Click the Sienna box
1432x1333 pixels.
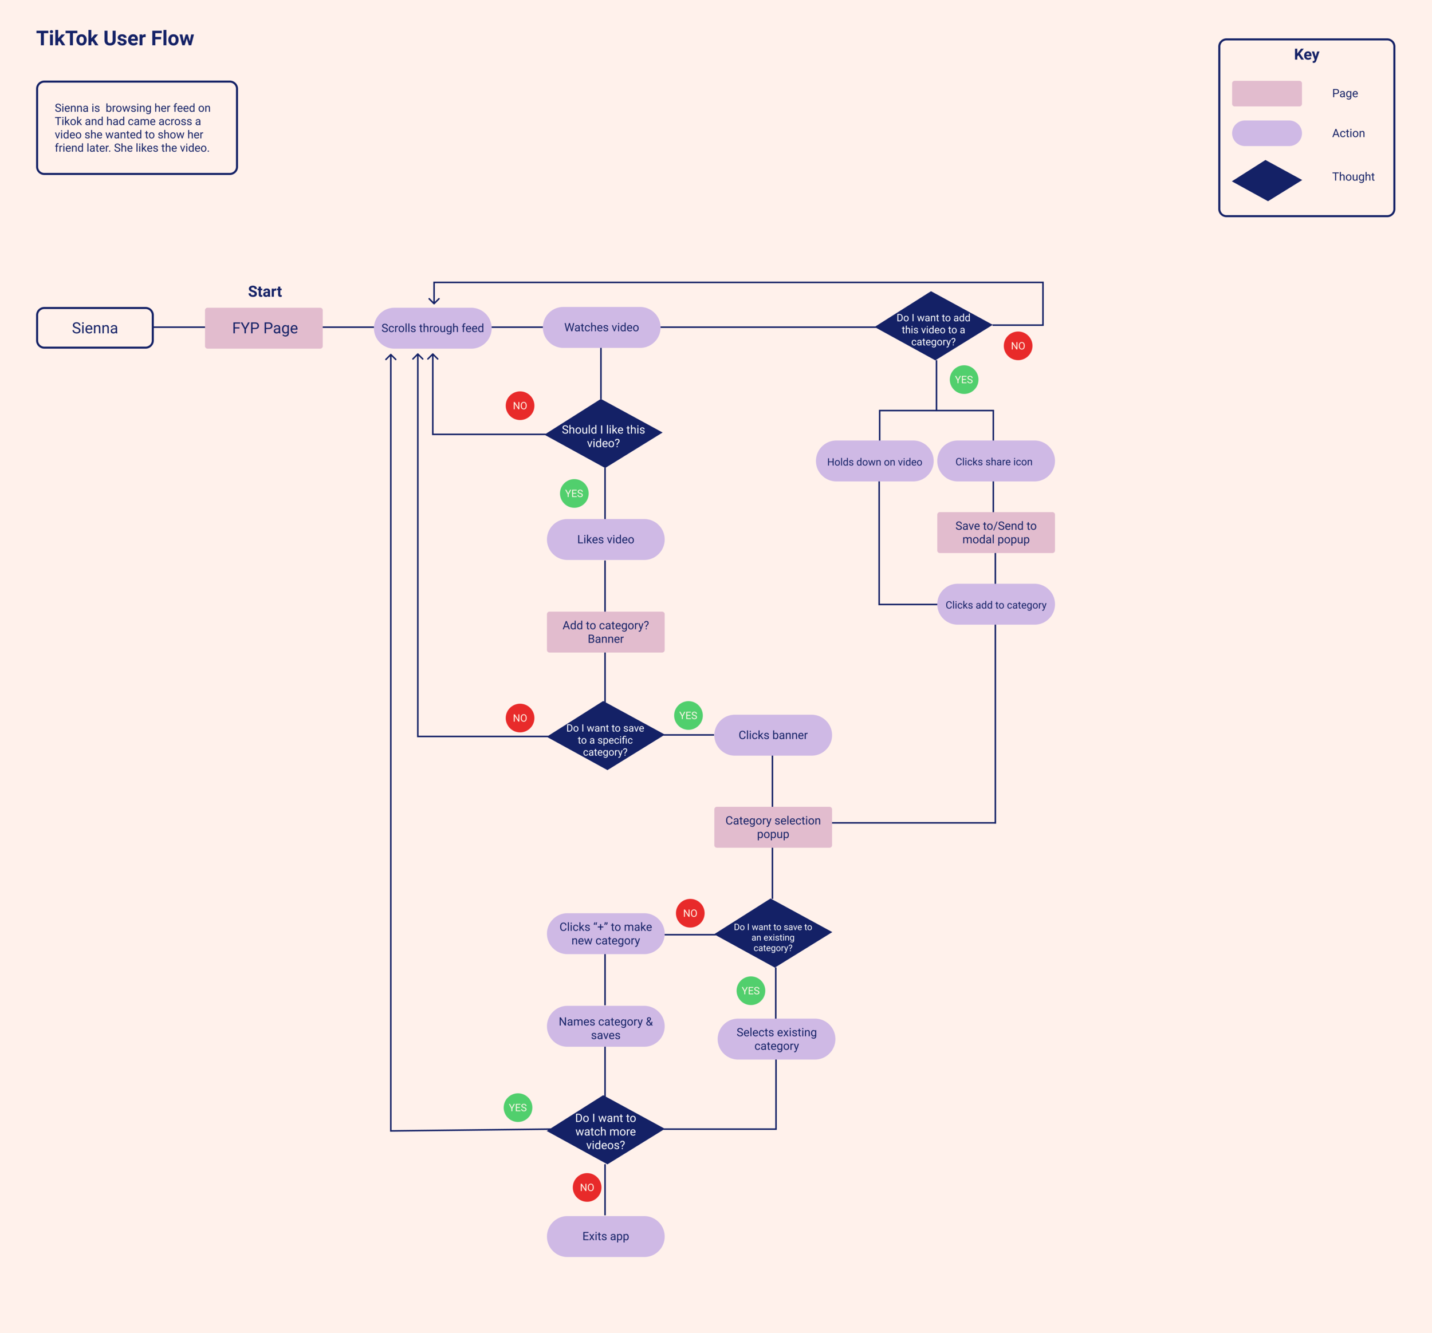pyautogui.click(x=95, y=328)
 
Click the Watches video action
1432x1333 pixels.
pyautogui.click(x=601, y=328)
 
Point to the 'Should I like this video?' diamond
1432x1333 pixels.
pyautogui.click(x=604, y=433)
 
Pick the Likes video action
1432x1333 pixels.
pyautogui.click(x=605, y=539)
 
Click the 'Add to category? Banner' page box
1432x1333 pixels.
pyautogui.click(x=605, y=632)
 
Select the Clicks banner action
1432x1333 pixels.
pyautogui.click(x=773, y=735)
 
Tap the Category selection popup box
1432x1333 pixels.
pyautogui.click(x=773, y=827)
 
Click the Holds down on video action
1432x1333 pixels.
pyautogui.click(x=875, y=461)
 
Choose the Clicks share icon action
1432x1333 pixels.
pyautogui.click(x=996, y=461)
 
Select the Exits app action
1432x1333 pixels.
pyautogui.click(x=605, y=1236)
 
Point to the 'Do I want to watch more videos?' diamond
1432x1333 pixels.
pyautogui.click(x=605, y=1130)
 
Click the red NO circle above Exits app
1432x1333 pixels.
pyautogui.click(x=587, y=1188)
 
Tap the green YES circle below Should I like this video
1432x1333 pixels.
pyautogui.click(x=574, y=494)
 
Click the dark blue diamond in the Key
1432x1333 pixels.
pyautogui.click(x=1266, y=180)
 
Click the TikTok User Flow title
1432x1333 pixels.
pyautogui.click(x=115, y=38)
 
